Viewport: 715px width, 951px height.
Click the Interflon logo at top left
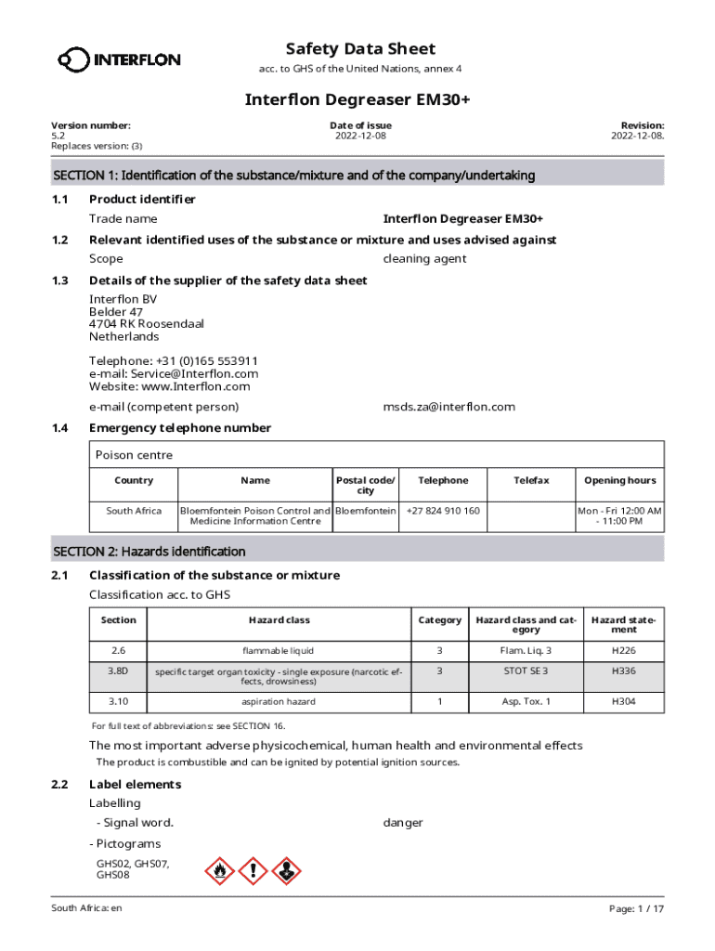(119, 60)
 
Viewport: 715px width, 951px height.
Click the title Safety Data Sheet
(359, 49)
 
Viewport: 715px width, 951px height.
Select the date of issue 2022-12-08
(360, 137)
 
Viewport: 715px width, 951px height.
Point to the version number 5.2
(58, 137)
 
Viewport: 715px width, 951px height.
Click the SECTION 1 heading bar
(357, 176)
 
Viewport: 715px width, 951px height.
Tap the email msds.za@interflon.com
(448, 407)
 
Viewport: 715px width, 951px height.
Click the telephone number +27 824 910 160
(443, 511)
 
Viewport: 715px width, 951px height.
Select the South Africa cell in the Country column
(134, 511)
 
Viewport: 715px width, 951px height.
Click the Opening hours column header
(619, 480)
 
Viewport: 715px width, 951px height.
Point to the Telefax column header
(531, 480)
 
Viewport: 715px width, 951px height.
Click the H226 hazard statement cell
(623, 650)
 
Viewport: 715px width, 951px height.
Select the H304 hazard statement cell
(623, 701)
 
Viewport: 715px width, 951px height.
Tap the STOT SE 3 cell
(526, 671)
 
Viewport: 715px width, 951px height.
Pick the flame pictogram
(219, 871)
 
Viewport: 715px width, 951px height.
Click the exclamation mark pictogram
(253, 871)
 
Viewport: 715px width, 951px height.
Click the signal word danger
(403, 823)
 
